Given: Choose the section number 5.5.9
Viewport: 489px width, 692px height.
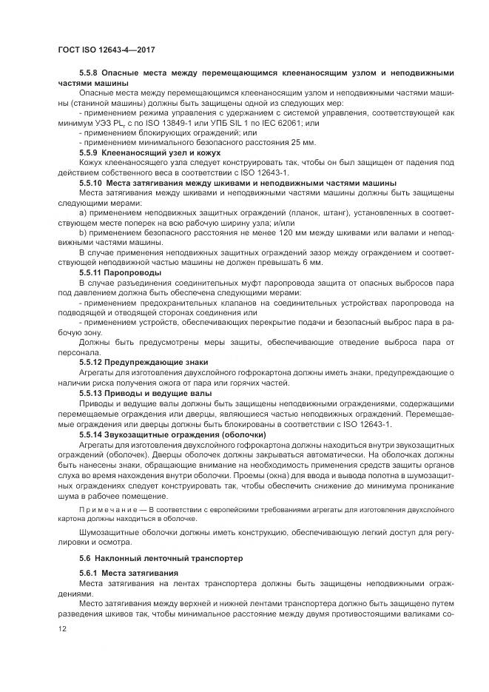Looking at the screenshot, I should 89,152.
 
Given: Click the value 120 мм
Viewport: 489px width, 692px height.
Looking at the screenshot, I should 235,233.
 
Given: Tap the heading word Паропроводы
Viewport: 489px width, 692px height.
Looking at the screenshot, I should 132,273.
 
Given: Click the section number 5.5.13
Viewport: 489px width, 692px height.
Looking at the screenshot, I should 91,393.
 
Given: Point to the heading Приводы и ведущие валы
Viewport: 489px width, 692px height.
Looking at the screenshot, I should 159,393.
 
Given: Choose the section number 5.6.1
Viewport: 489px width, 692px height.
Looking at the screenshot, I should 89,574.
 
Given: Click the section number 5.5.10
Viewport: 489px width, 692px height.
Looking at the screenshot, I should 91,182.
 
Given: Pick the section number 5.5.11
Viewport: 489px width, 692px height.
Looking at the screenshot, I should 91,273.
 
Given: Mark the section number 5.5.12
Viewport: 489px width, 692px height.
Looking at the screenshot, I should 91,362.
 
